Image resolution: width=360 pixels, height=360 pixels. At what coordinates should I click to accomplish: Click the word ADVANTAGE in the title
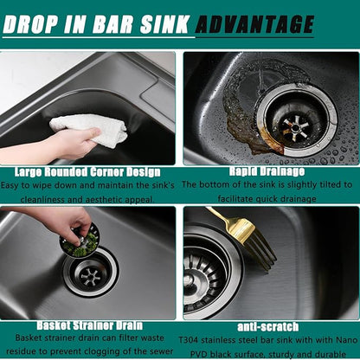[254, 24]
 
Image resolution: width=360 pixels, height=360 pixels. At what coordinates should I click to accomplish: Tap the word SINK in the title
[164, 24]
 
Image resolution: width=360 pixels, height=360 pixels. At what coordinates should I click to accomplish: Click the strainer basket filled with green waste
[80, 241]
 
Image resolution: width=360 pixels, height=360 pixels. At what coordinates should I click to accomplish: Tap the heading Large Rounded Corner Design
[87, 172]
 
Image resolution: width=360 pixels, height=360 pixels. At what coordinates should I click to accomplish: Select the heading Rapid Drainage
[267, 171]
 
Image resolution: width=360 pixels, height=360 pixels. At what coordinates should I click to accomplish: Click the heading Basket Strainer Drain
[90, 325]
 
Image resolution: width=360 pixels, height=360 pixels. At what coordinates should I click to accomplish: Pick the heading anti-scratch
[267, 327]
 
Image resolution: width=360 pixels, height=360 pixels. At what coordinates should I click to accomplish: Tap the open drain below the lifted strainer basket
[91, 272]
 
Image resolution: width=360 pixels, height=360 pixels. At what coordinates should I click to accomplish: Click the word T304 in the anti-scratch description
[189, 340]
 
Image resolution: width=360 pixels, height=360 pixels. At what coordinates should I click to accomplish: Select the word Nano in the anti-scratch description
[347, 340]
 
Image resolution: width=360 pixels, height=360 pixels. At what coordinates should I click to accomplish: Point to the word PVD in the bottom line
[199, 354]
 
